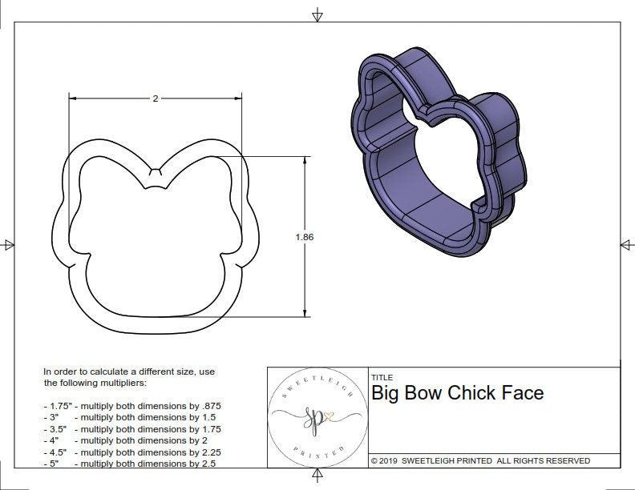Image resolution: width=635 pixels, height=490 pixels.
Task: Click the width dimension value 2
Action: pyautogui.click(x=155, y=98)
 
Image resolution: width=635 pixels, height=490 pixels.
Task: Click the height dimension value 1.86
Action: pyautogui.click(x=305, y=237)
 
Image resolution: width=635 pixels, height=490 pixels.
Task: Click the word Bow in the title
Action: pyautogui.click(x=423, y=392)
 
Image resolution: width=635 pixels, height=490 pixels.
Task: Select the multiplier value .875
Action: pyautogui.click(x=208, y=406)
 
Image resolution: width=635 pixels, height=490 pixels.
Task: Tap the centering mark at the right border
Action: pyautogui.click(x=625, y=244)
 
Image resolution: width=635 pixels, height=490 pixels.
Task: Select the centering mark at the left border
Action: pyautogui.click(x=8, y=244)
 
